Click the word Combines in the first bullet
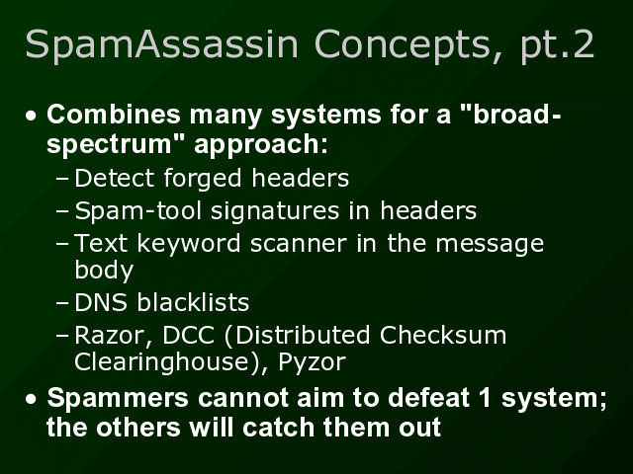102,115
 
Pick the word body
104,268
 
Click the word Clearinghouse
164,362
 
